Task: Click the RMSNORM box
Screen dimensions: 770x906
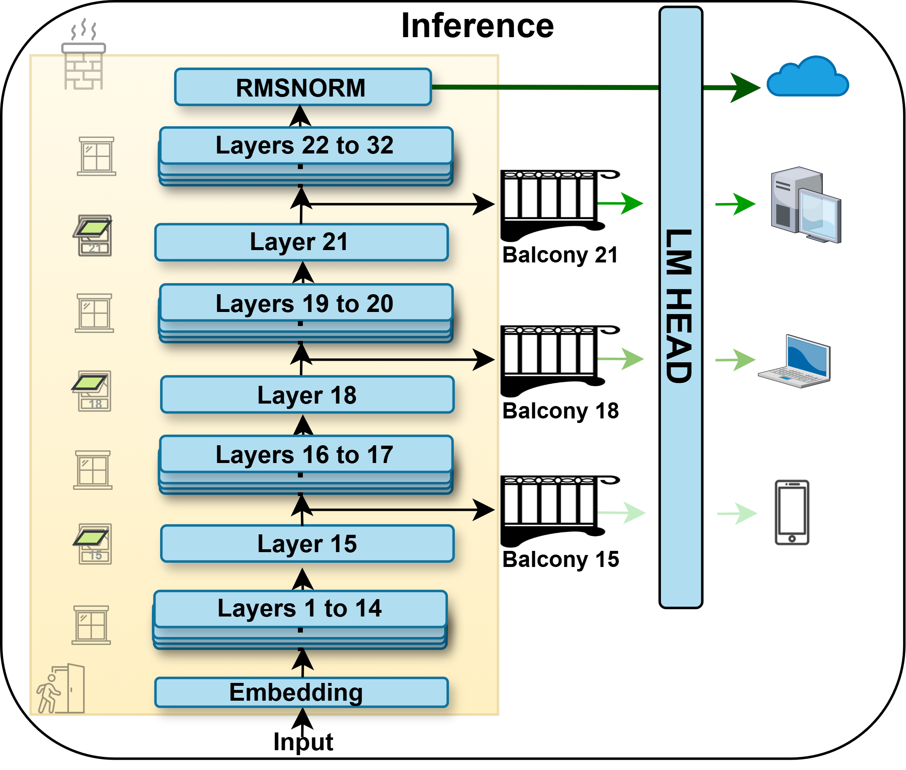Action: tap(302, 87)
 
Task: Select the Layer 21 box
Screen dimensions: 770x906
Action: tap(301, 242)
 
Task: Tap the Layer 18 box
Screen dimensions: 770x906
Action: tap(307, 394)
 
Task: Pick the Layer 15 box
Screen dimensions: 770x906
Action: tap(307, 543)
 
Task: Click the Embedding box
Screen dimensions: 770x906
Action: tap(301, 692)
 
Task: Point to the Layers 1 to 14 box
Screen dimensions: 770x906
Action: tap(300, 609)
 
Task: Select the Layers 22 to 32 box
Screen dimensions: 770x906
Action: tap(305, 145)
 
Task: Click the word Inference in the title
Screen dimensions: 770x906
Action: tap(477, 26)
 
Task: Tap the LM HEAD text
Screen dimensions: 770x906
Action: tap(679, 305)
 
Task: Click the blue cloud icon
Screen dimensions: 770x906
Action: tap(807, 77)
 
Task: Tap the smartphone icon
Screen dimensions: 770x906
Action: tap(792, 512)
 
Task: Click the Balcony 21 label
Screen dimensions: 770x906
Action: tap(560, 255)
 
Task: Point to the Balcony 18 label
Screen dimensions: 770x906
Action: tap(560, 411)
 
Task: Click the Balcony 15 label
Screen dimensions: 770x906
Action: tap(560, 559)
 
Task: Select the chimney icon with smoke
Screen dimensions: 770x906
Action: tap(83, 54)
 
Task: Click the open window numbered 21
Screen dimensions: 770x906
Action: tap(93, 235)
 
